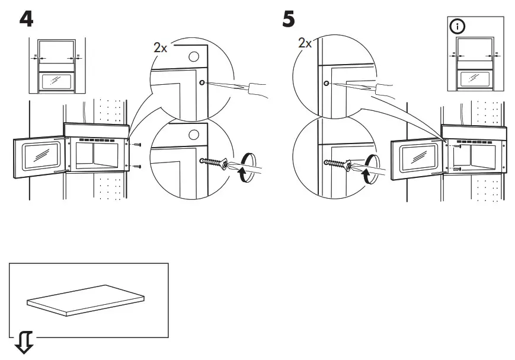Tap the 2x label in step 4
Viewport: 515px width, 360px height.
click(160, 48)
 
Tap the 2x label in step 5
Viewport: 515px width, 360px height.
click(305, 43)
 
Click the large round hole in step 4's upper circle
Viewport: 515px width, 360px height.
click(193, 57)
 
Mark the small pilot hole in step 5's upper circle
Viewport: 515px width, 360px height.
click(327, 82)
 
